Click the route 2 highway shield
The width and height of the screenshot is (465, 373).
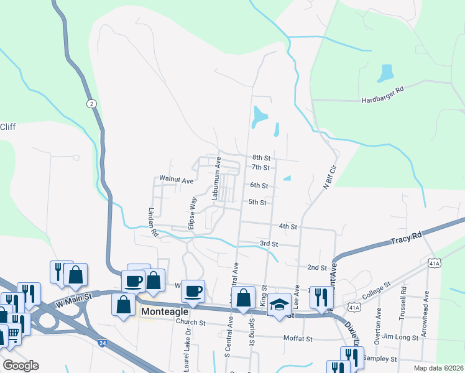click(x=91, y=103)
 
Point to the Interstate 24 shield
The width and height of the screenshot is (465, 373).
click(x=101, y=343)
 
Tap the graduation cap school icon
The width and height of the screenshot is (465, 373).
click(x=280, y=305)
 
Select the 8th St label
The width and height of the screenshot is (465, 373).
click(x=260, y=158)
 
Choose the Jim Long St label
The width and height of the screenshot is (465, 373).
click(x=397, y=336)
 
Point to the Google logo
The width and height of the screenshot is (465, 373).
click(x=21, y=366)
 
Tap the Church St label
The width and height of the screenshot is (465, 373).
click(x=190, y=323)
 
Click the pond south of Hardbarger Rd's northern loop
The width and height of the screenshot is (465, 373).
click(x=385, y=73)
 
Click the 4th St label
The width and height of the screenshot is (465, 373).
click(x=288, y=226)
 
